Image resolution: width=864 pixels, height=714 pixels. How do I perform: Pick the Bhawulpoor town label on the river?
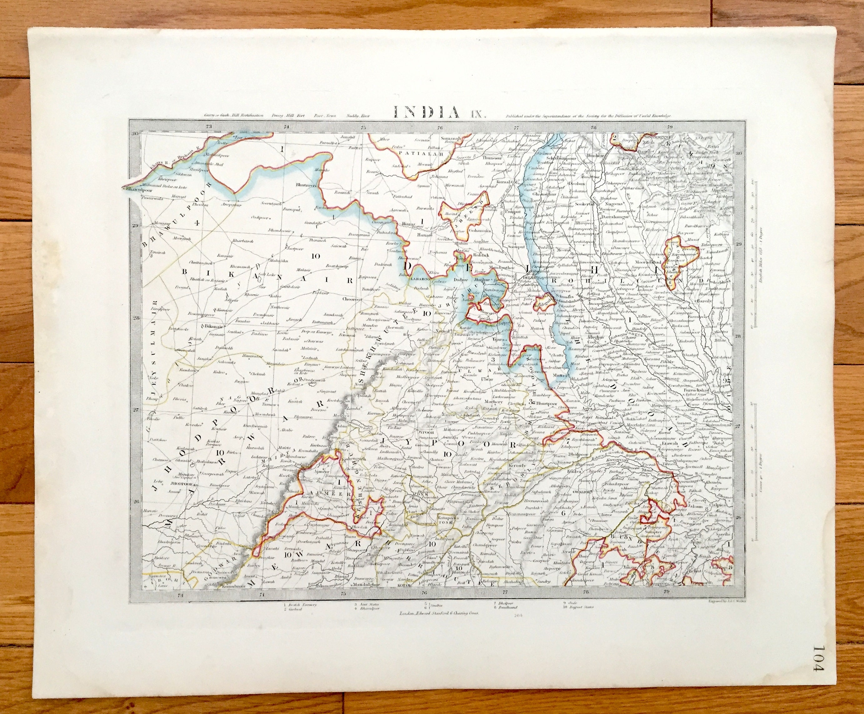(135, 189)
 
